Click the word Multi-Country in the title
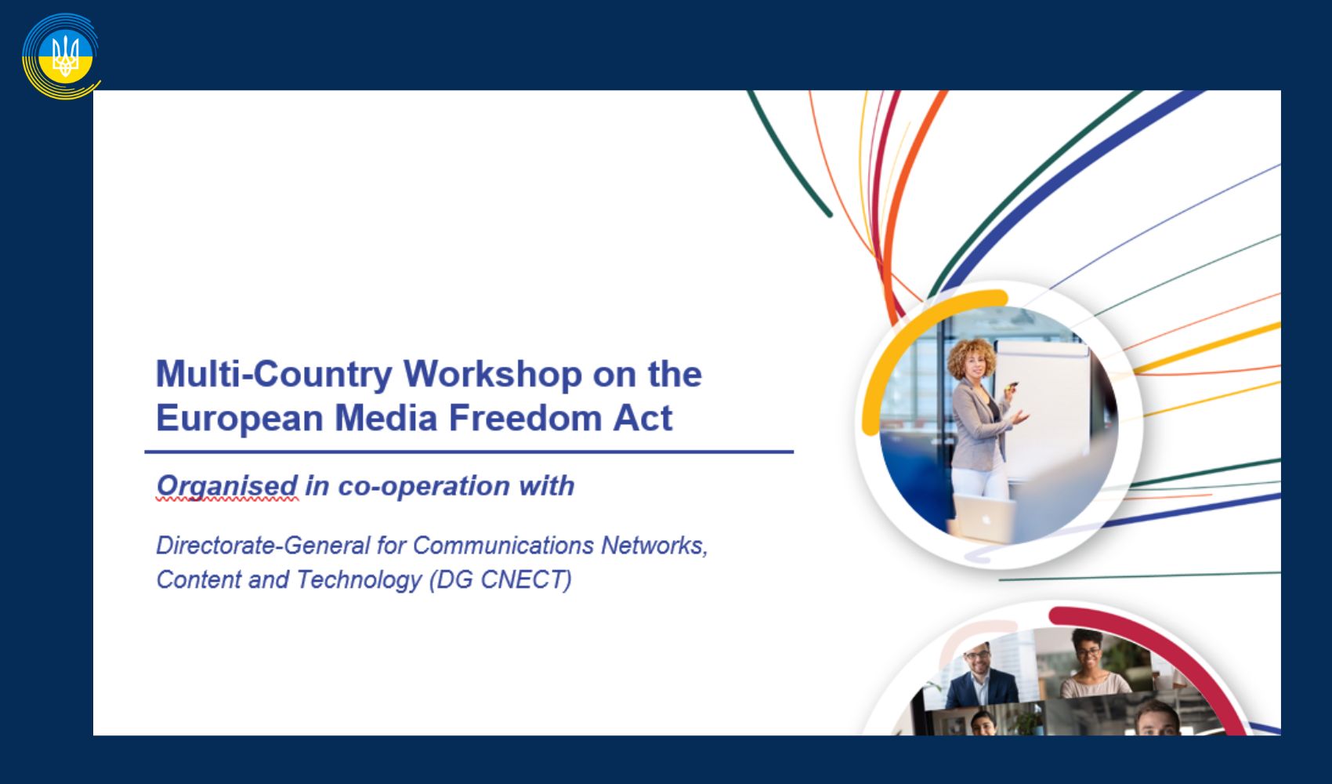[273, 375]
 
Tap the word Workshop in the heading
[492, 374]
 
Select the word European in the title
[240, 419]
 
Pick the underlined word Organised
[226, 487]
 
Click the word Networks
[654, 546]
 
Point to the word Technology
[359, 580]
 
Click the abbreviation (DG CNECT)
[500, 580]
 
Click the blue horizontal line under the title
[469, 452]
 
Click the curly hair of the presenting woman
[971, 358]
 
